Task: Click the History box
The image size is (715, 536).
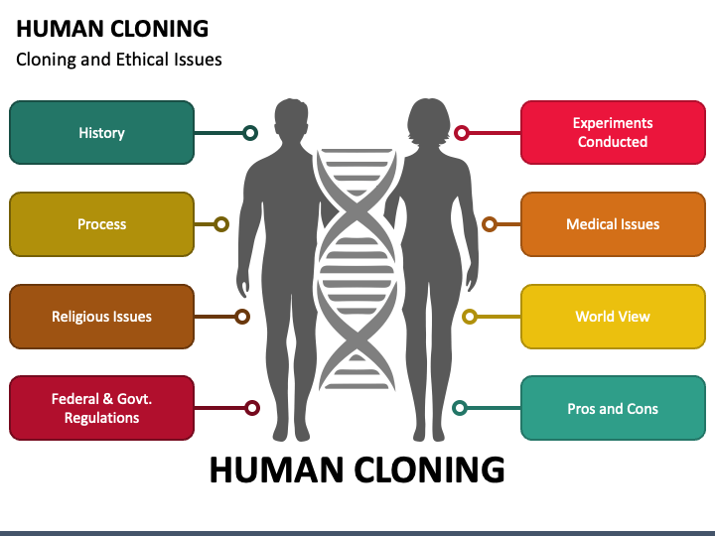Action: pyautogui.click(x=101, y=133)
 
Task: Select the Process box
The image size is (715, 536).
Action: pyautogui.click(x=101, y=224)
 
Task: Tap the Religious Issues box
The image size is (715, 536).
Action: pyautogui.click(x=101, y=317)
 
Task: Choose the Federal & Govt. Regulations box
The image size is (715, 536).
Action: pyautogui.click(x=101, y=408)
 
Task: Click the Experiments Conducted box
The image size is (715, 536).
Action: pyautogui.click(x=613, y=133)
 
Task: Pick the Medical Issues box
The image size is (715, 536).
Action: pyautogui.click(x=613, y=224)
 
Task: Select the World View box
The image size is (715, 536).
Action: pyautogui.click(x=613, y=317)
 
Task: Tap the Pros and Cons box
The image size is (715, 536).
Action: pyautogui.click(x=613, y=408)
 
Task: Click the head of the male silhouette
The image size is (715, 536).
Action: pyautogui.click(x=291, y=119)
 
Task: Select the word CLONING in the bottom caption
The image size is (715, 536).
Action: pyautogui.click(x=429, y=469)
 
